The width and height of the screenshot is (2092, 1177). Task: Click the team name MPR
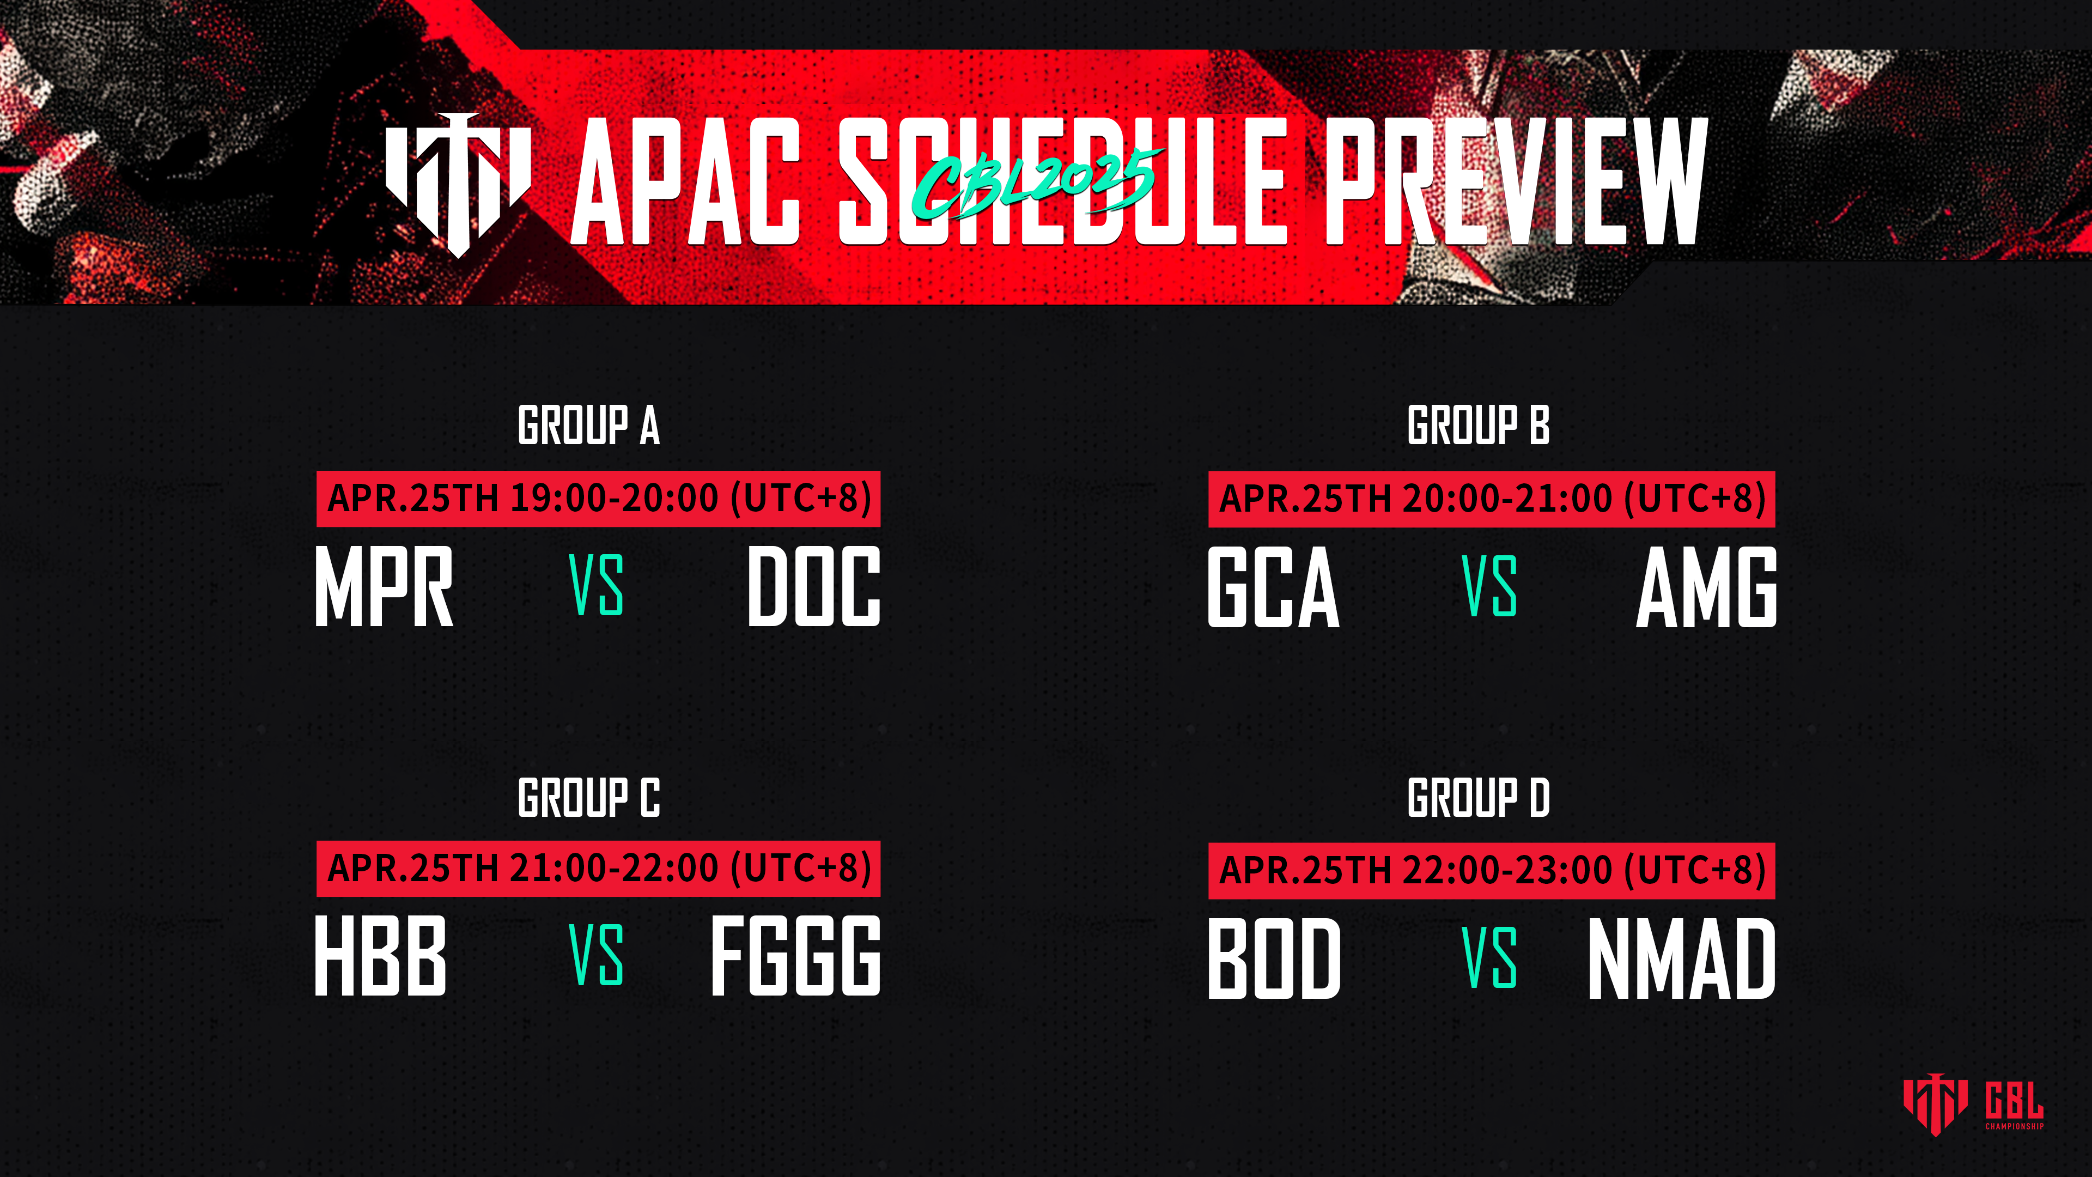click(x=384, y=586)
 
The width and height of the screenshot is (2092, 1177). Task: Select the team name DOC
click(x=814, y=586)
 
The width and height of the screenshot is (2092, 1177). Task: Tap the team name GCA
click(x=1273, y=586)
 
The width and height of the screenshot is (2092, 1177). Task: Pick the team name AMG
click(x=1706, y=586)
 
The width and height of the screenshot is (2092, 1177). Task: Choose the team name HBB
click(x=380, y=955)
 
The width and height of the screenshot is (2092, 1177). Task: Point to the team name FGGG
click(x=796, y=955)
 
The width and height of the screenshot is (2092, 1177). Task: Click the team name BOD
click(x=1274, y=958)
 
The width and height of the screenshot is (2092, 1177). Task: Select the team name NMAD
click(x=1682, y=958)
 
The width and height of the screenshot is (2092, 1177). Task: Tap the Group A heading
click(x=589, y=425)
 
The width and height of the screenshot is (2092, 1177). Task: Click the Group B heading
click(x=1478, y=425)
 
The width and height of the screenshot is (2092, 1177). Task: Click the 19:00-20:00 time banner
click(x=599, y=499)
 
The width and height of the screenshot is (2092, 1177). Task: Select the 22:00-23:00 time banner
click(x=1491, y=871)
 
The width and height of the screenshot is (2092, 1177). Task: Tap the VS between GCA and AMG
click(x=1489, y=586)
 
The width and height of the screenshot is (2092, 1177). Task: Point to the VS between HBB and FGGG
click(x=596, y=955)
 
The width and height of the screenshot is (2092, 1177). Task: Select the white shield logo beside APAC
click(x=458, y=184)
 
